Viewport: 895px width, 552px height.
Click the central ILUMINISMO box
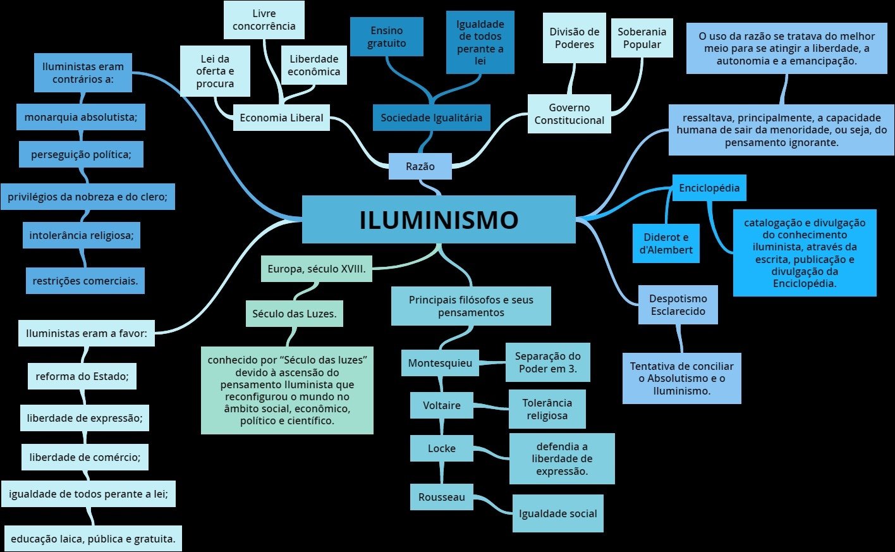[439, 219]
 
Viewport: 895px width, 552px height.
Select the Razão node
[420, 166]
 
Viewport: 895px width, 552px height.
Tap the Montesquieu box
[440, 363]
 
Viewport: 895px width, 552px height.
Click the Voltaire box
[441, 405]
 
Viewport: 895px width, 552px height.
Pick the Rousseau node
[441, 497]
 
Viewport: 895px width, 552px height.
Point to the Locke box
[441, 448]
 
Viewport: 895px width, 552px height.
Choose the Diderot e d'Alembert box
[666, 243]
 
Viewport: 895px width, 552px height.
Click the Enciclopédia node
[709, 188]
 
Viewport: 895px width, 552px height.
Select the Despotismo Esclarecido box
[679, 305]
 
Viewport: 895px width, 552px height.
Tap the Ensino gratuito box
[387, 37]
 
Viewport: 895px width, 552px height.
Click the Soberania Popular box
[642, 38]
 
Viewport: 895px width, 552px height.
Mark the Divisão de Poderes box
[574, 38]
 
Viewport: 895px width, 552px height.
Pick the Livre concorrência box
[264, 20]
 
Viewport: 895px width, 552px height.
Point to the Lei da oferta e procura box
[215, 71]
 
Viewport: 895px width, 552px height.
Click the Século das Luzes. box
[294, 314]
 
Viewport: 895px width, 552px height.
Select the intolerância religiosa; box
[82, 236]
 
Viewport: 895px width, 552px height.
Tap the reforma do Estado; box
[82, 376]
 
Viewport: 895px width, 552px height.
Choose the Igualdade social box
[557, 513]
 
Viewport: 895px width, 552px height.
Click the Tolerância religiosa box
[547, 409]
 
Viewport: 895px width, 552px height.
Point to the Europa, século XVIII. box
[316, 269]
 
